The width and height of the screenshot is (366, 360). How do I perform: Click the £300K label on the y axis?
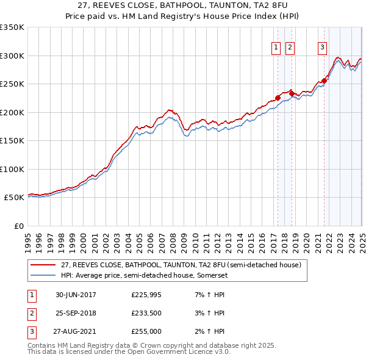[12, 56]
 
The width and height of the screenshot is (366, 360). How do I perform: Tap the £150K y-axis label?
[12, 141]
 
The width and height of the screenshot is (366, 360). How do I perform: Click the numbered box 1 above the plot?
[276, 47]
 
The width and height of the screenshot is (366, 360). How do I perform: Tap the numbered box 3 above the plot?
[321, 47]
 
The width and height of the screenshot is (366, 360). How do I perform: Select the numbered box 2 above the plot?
[290, 47]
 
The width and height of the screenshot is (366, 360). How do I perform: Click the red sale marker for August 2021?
[325, 80]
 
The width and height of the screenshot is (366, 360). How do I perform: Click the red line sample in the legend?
[43, 265]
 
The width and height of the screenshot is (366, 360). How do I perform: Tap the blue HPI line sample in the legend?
[43, 275]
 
